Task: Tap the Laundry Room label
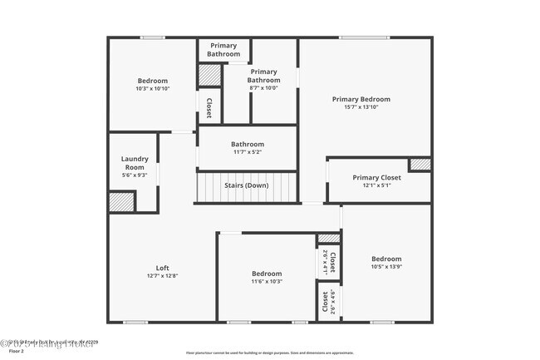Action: coord(134,163)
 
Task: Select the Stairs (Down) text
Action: coord(246,185)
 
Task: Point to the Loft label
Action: coord(163,268)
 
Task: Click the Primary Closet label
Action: coord(376,177)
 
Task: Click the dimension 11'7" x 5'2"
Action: coord(247,152)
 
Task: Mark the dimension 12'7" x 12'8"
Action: coord(163,276)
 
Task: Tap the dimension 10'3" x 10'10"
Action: coord(152,89)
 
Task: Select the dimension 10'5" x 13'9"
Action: coord(385,267)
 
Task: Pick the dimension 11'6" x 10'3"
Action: coord(267,282)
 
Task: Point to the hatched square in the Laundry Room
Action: coord(122,202)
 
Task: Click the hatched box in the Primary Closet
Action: coord(420,165)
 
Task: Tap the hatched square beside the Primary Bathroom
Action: coord(208,76)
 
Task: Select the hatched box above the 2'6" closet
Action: coord(329,239)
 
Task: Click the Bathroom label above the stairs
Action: coord(247,144)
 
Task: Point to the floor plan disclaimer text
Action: coord(269,353)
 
